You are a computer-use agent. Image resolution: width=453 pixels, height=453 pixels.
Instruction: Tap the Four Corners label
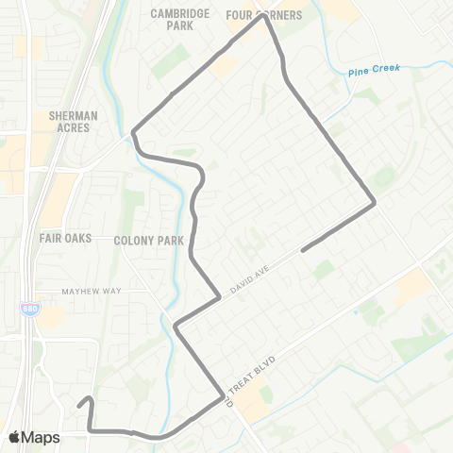click(x=264, y=15)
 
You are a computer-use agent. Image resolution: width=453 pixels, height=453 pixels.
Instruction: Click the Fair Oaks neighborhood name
click(x=65, y=239)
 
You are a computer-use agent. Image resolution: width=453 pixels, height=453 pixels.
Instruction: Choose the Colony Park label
click(x=148, y=241)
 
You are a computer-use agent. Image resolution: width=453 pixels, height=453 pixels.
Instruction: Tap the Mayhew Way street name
click(x=93, y=292)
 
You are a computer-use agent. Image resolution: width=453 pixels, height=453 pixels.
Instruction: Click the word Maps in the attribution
click(x=42, y=437)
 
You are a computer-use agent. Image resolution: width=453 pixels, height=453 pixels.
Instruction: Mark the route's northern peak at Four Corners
click(x=262, y=15)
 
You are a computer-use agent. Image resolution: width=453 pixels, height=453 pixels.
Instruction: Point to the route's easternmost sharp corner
click(x=375, y=202)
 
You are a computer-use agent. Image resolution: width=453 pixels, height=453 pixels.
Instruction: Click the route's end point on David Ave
click(x=302, y=250)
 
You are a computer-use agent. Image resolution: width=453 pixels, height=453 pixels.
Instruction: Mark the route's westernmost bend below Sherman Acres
click(x=134, y=132)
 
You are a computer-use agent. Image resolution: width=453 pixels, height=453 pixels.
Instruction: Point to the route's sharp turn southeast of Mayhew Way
click(x=176, y=327)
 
